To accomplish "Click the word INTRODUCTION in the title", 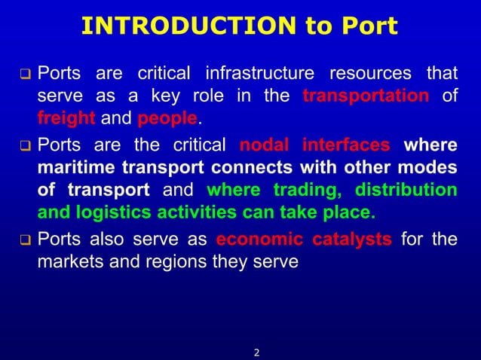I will click(x=188, y=26).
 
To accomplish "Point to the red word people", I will click(x=167, y=119).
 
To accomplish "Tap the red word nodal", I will click(x=264, y=144).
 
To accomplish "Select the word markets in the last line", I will click(x=72, y=262).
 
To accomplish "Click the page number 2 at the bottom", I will click(x=256, y=351).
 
